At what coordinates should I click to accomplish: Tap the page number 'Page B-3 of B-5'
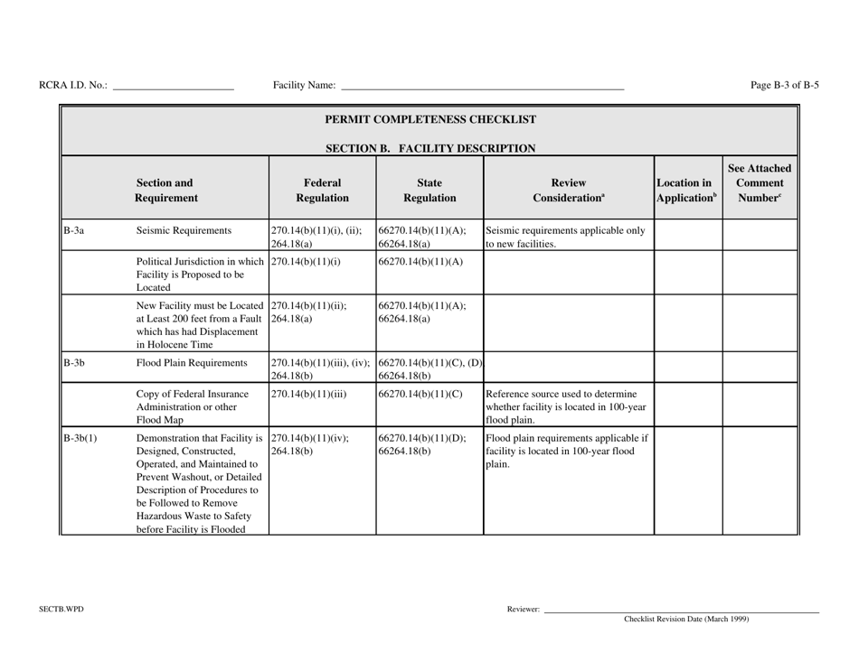click(x=785, y=86)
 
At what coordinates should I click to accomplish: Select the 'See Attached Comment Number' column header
click(x=760, y=182)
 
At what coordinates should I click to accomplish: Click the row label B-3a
click(x=75, y=230)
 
